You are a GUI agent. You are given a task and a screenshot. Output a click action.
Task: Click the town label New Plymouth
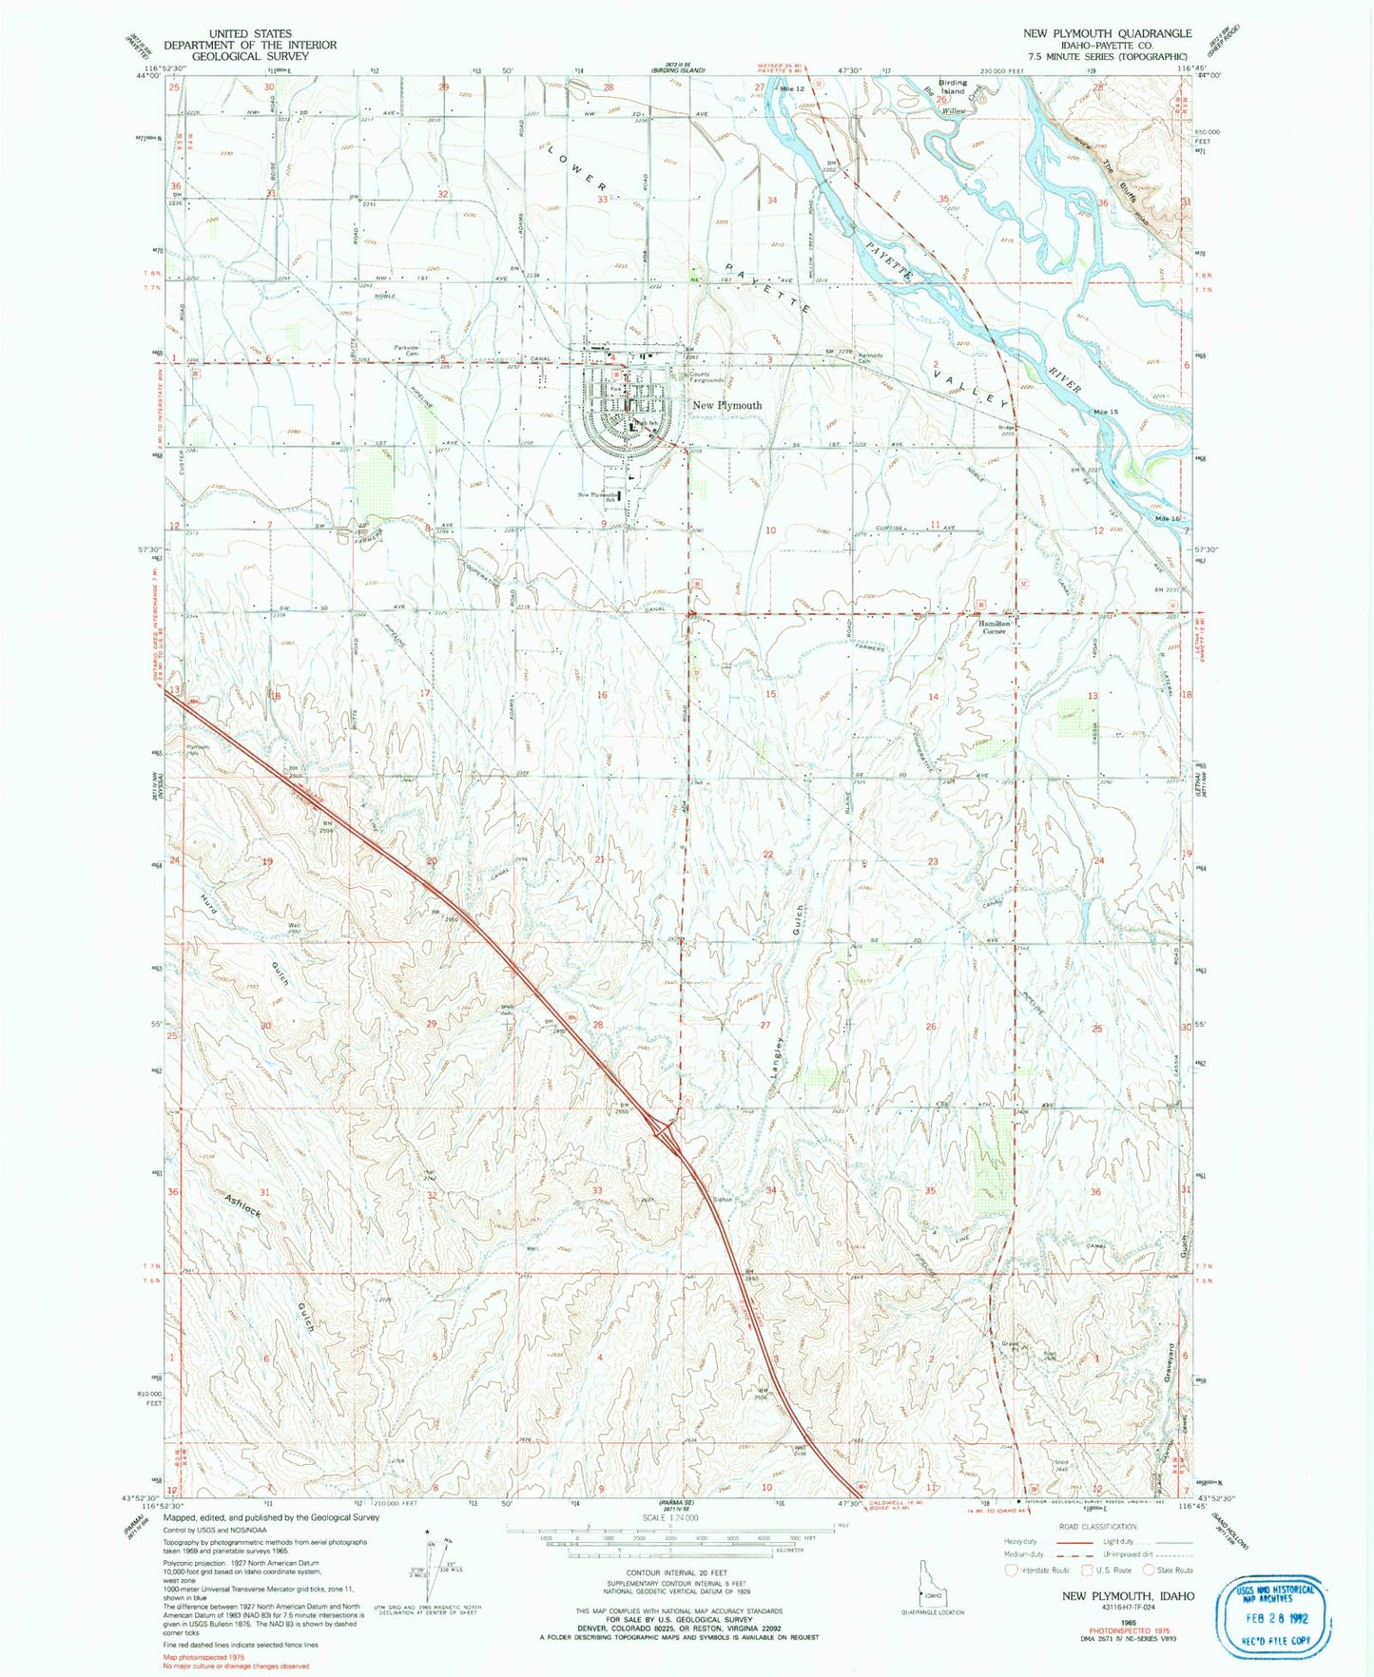pos(726,405)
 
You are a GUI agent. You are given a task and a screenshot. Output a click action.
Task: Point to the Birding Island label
pos(952,87)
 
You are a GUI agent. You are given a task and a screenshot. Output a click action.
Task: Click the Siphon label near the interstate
pos(724,1200)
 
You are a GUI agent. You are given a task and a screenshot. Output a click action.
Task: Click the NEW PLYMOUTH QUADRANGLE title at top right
pos(1107,33)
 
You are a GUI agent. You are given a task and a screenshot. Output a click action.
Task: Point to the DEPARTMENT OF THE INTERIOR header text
pos(250,45)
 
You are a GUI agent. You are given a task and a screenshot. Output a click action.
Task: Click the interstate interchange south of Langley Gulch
pos(669,1132)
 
